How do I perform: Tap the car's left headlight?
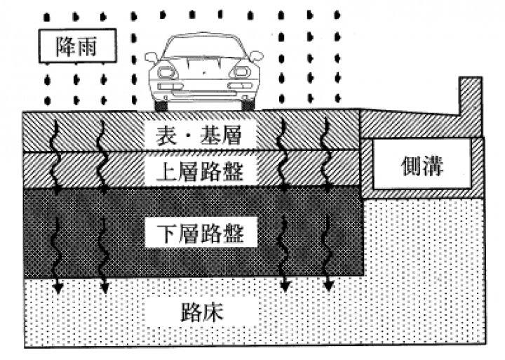pyautogui.click(x=168, y=71)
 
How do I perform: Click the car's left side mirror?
pyautogui.click(x=151, y=55)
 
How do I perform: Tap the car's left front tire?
pyautogui.click(x=162, y=105)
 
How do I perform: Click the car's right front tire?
pyautogui.click(x=245, y=105)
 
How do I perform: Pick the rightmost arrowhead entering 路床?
pyautogui.click(x=329, y=286)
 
